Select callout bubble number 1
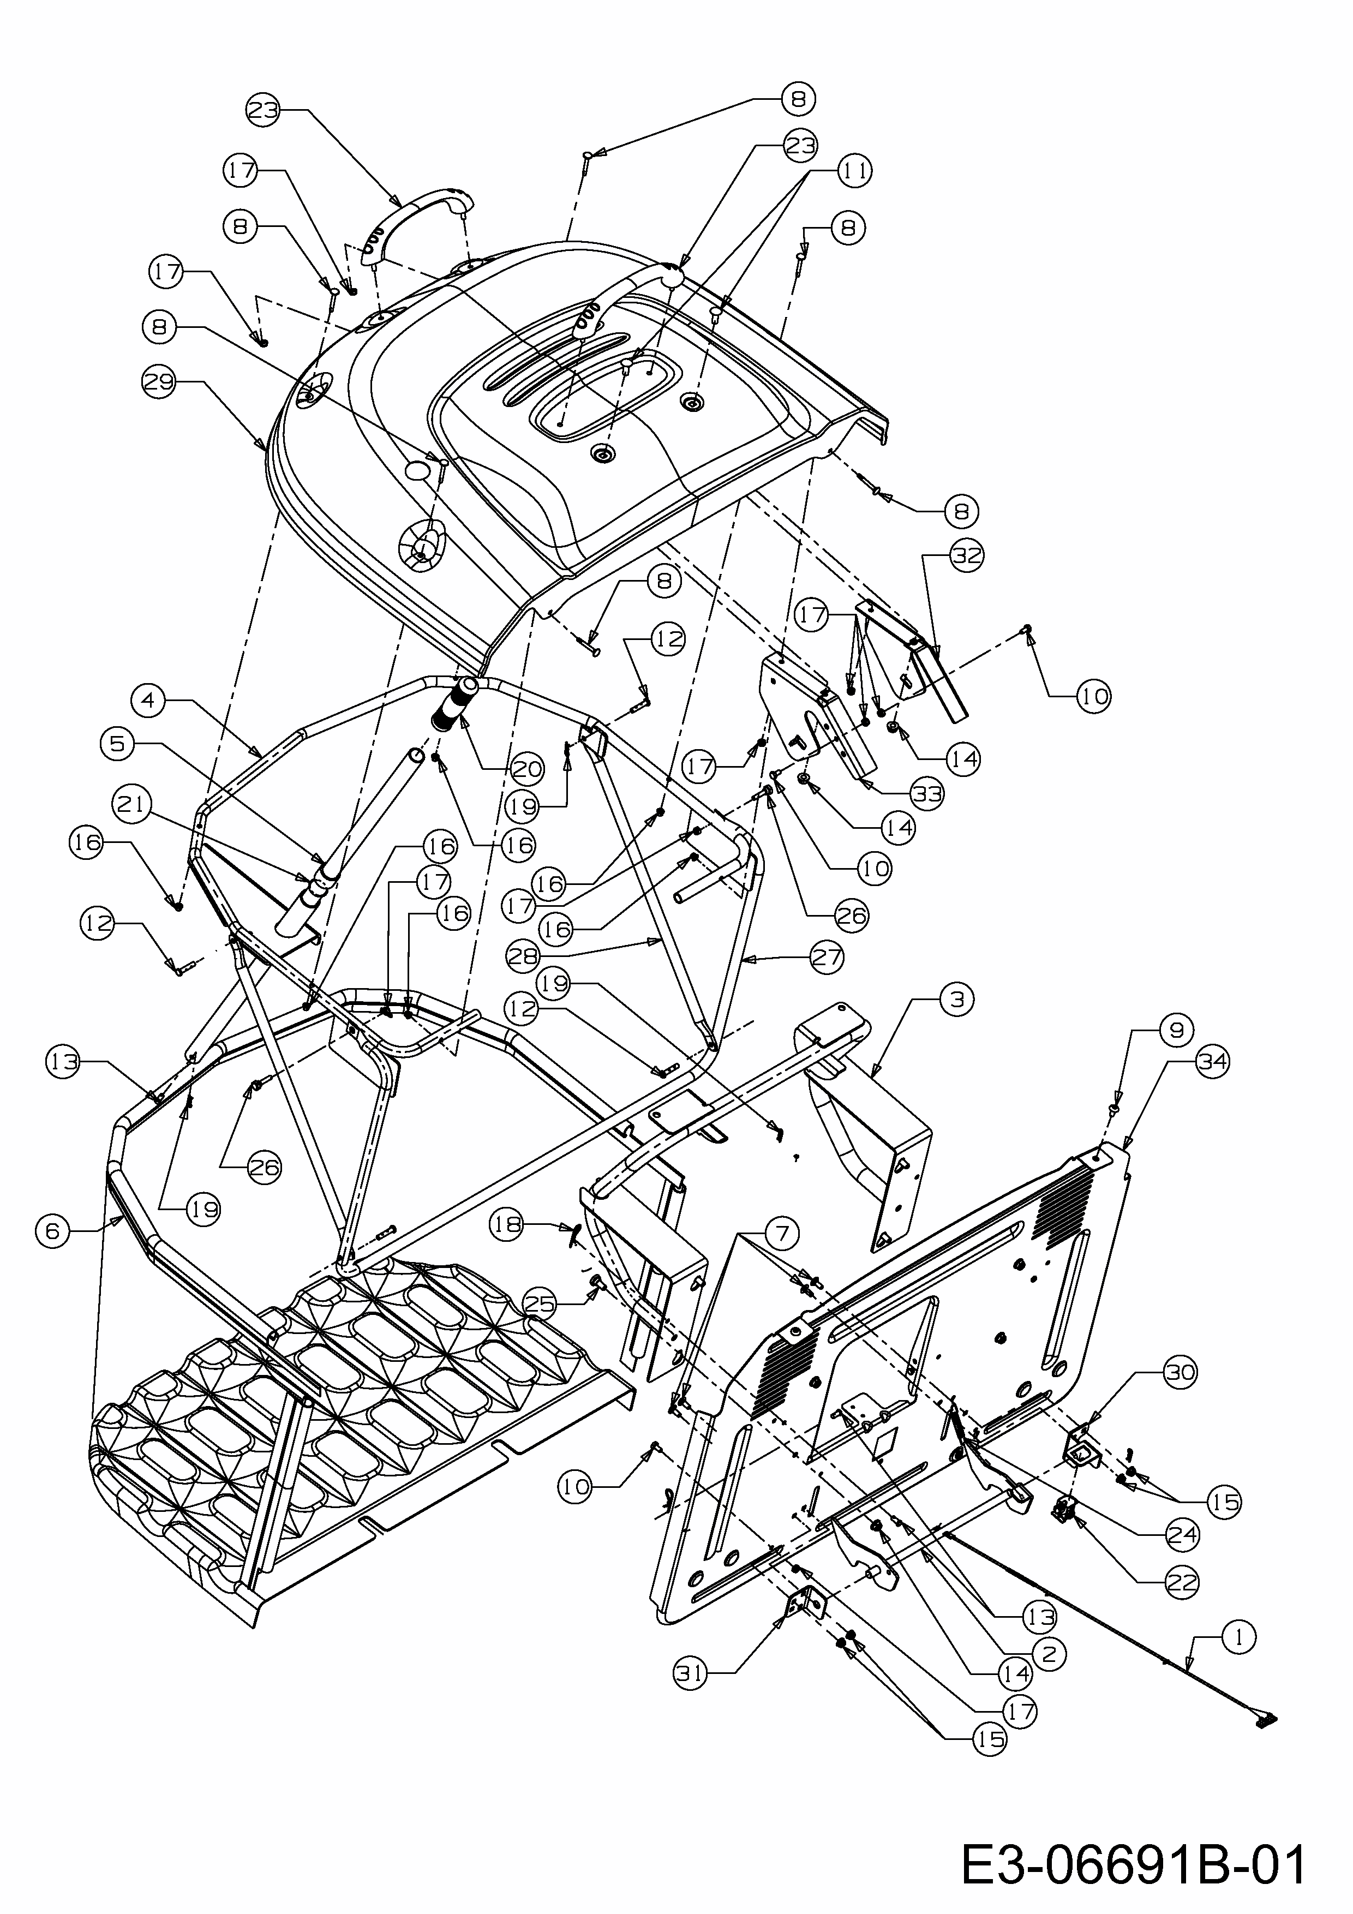tap(1240, 1637)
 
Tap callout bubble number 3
tap(956, 998)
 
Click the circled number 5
tap(117, 743)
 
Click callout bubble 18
tap(507, 1224)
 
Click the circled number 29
tap(158, 382)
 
